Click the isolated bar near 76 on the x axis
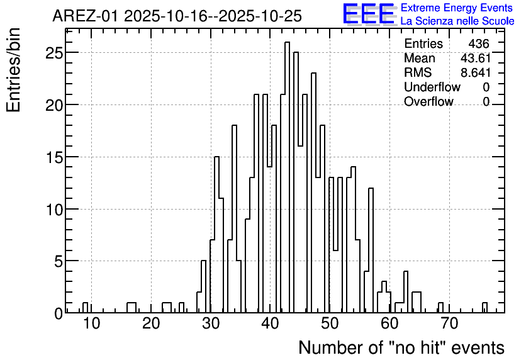point(484,307)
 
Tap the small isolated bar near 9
point(85,307)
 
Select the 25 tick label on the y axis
point(54,53)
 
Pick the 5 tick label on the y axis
point(59,261)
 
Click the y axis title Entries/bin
point(13,70)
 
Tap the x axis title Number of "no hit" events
point(401,347)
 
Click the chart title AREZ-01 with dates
point(177,16)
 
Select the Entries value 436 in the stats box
point(479,43)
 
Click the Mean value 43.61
point(475,58)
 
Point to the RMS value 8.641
point(475,72)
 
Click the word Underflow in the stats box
point(432,87)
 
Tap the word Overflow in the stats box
point(428,101)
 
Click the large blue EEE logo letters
point(368,14)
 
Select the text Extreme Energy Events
point(457,8)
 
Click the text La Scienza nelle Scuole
point(457,21)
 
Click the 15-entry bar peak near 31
point(216,235)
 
